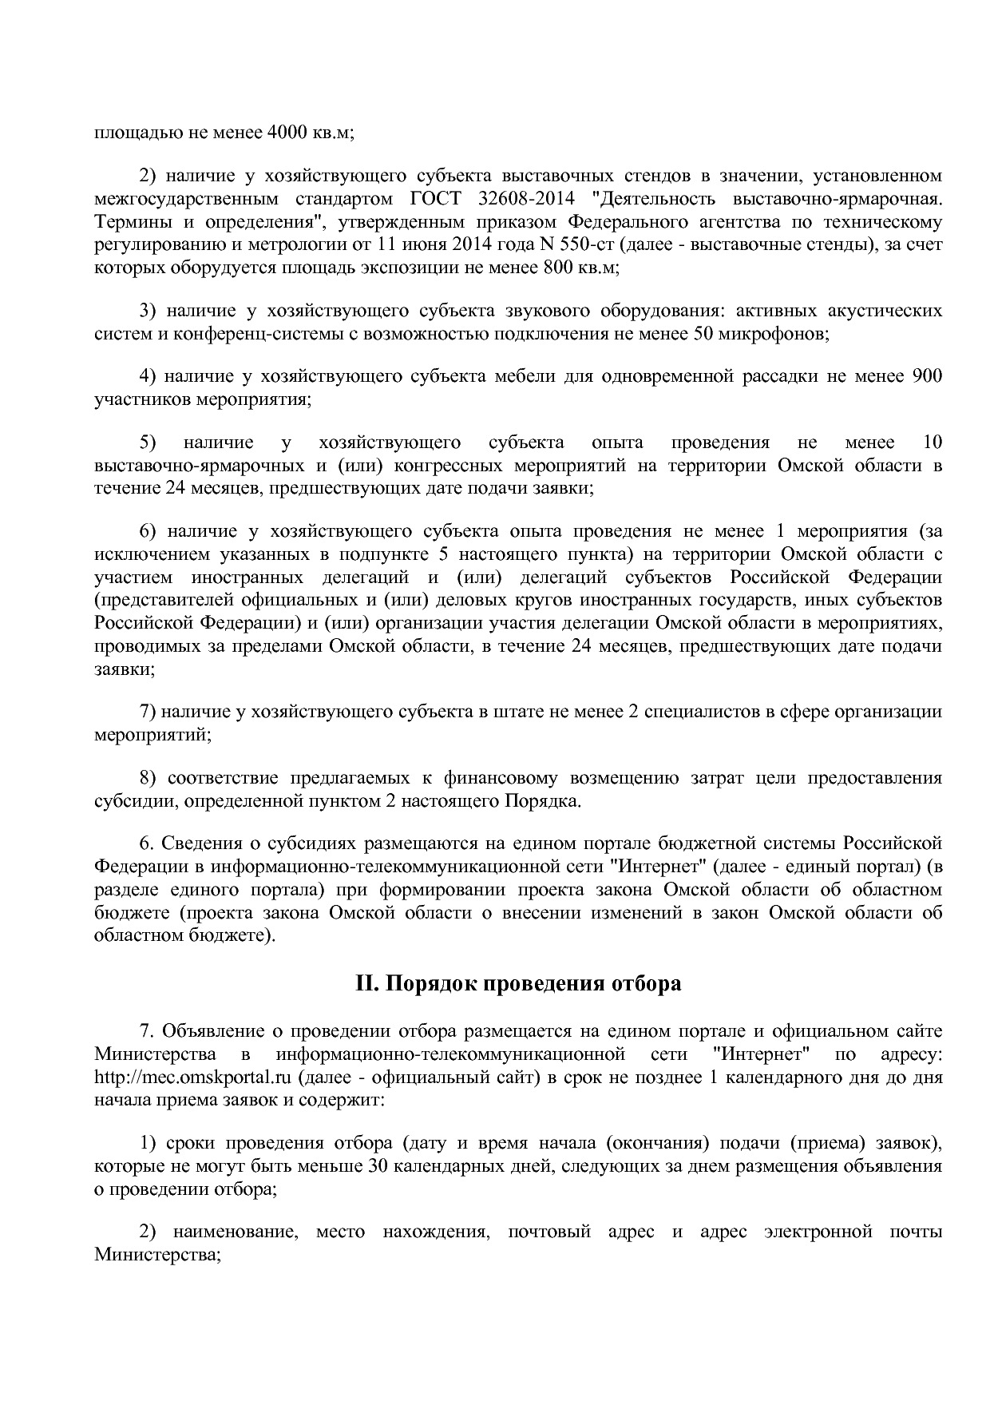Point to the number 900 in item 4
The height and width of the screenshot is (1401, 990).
pos(926,376)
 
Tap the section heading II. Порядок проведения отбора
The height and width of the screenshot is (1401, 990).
pos(518,983)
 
